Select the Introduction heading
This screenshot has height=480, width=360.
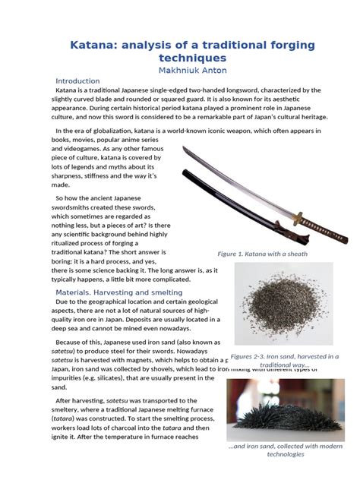[x=77, y=81]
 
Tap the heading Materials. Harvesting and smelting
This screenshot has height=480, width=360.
[x=118, y=292]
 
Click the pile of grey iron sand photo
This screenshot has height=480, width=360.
[x=283, y=307]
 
